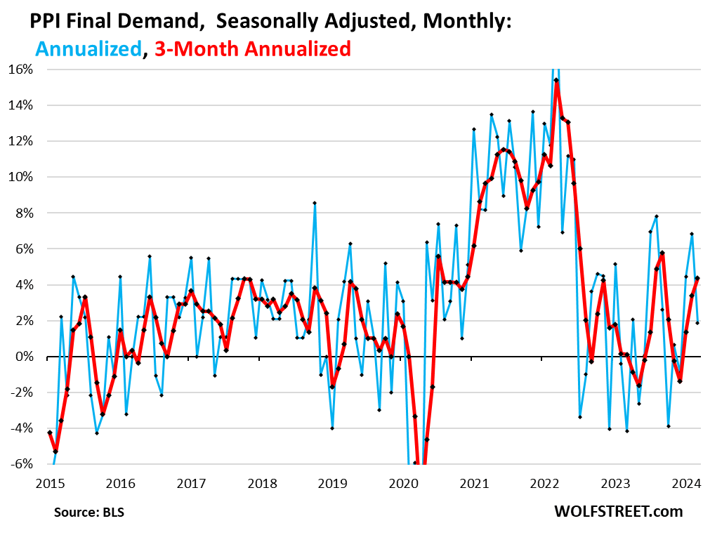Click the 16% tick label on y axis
pos(21,70)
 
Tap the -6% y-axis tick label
pos(21,464)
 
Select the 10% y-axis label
pos(21,177)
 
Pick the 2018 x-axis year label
pos(262,484)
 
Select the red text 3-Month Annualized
pos(250,48)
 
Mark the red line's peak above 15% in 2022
pos(556,80)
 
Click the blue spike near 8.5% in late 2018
pos(315,203)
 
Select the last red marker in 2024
pos(697,278)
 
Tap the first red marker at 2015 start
pos(49,432)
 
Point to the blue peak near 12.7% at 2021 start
pos(474,129)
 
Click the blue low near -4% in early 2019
pos(332,428)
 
